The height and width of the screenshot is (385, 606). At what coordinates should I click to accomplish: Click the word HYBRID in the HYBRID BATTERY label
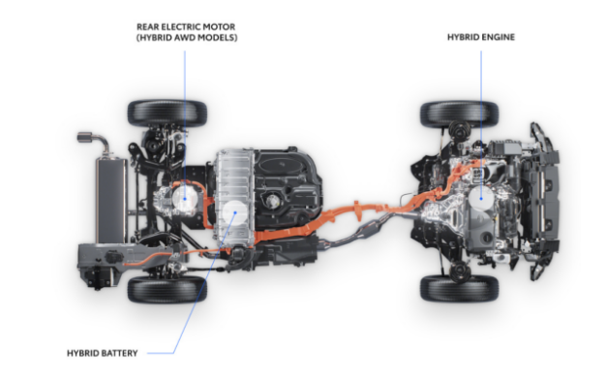tap(87, 353)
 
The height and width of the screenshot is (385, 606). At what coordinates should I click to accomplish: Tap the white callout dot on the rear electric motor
tap(182, 198)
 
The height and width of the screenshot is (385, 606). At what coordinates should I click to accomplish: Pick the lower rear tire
tap(167, 288)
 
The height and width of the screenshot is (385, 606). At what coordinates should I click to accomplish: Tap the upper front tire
tap(459, 113)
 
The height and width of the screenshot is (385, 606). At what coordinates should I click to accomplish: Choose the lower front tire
tap(459, 287)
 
